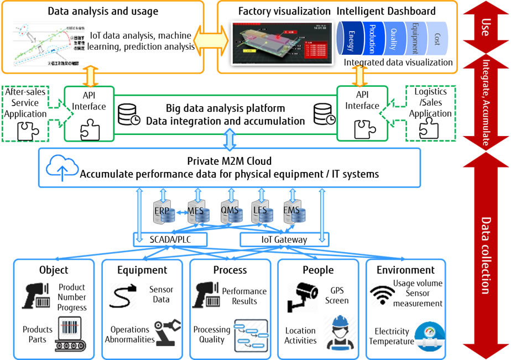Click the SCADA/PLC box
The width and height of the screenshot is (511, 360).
170,239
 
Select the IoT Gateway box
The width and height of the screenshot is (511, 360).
284,239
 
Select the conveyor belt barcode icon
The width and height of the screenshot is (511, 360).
72,334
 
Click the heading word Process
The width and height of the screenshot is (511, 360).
230,270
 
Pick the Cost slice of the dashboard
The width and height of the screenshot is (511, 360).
437,38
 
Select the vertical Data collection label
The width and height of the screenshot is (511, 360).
485,254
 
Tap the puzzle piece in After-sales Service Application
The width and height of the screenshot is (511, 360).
26,131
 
